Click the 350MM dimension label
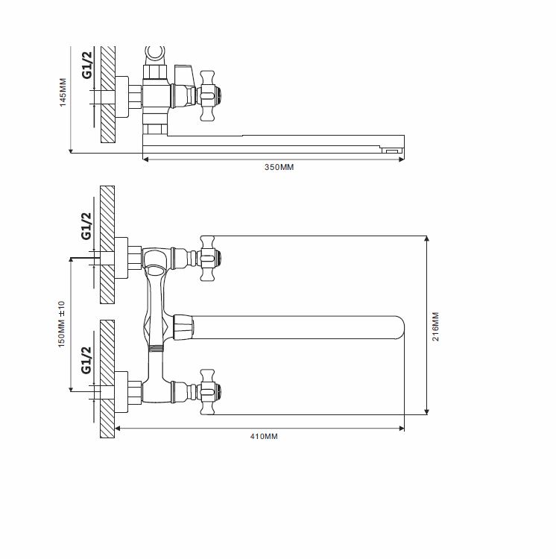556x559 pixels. coord(279,167)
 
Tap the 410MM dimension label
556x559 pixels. coord(264,436)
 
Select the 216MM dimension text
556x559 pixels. coord(435,326)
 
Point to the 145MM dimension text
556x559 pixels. coord(63,92)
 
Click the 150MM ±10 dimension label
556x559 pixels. coord(61,324)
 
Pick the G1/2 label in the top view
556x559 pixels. coord(87,65)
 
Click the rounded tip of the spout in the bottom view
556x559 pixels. coord(401,327)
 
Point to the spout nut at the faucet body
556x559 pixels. coord(183,327)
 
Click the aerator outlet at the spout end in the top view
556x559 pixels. coord(392,151)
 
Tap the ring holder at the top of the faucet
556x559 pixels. coord(155,54)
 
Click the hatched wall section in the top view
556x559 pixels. coord(108,95)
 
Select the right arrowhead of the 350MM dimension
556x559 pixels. coord(401,160)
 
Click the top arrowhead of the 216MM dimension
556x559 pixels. coord(426,239)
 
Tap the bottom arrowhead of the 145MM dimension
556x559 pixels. coord(71,151)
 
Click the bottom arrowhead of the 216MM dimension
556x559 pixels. coord(426,411)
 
